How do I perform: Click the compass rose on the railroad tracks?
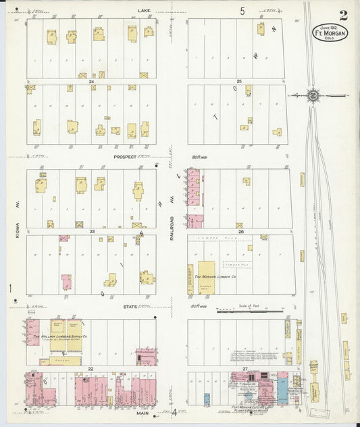(x=313, y=95)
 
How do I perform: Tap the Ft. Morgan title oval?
(x=330, y=32)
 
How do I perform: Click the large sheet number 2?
(x=344, y=15)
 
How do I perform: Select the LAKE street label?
(x=144, y=11)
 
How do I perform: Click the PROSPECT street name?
(x=124, y=156)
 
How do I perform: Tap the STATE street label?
(x=130, y=307)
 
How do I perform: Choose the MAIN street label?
(x=143, y=413)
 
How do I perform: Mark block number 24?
(x=91, y=81)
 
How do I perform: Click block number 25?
(x=238, y=81)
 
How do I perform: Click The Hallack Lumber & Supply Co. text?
(x=56, y=335)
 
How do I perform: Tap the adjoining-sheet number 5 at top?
(x=241, y=11)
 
